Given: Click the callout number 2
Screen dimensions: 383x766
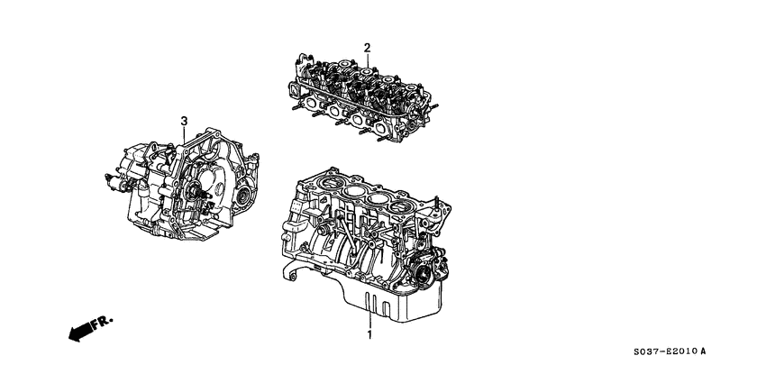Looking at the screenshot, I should coord(368,48).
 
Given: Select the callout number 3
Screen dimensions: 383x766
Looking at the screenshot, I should coord(183,121).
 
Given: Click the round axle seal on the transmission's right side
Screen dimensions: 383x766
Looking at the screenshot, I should coord(241,196).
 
